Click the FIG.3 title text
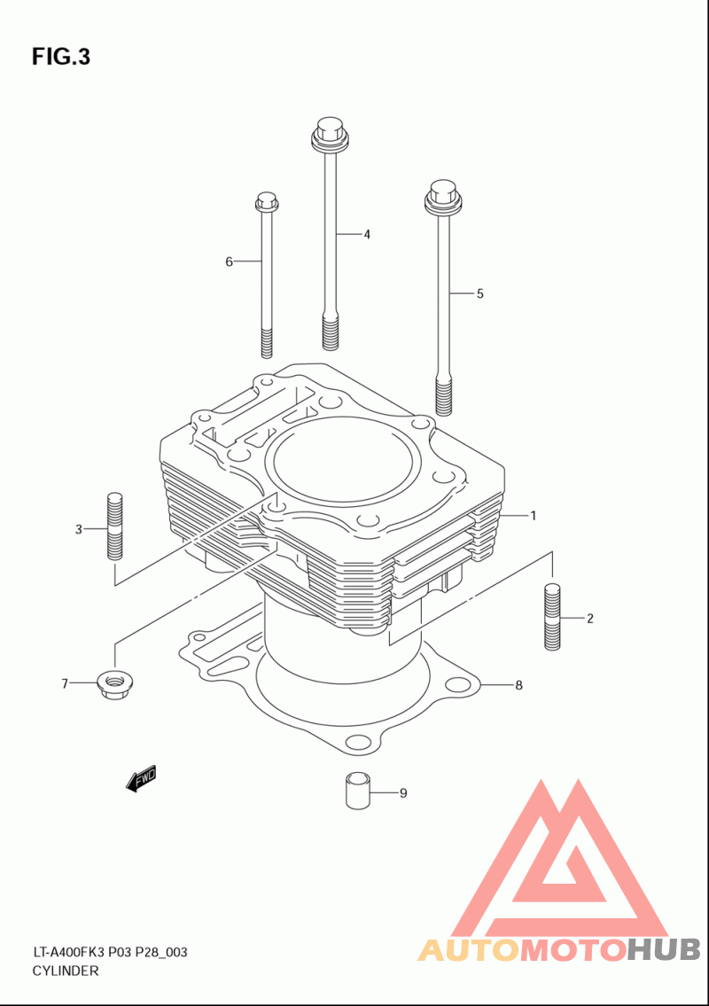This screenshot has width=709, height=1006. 61,57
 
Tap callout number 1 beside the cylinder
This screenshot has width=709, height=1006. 534,515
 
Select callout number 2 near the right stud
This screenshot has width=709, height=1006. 589,619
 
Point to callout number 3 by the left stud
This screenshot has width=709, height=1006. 78,529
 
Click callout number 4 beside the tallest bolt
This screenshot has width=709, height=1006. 366,235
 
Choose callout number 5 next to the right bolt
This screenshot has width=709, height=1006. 479,293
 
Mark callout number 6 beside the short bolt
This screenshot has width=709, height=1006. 229,261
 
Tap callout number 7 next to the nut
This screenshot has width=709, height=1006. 65,683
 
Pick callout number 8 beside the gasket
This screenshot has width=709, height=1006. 518,685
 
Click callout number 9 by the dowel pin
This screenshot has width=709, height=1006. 402,793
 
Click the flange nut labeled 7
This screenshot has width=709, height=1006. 110,684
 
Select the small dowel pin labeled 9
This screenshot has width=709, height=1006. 357,790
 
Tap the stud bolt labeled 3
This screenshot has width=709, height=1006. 113,523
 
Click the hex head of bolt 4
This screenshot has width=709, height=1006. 329,129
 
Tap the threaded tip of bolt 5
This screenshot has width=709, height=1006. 445,396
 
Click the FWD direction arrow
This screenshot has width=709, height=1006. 142,778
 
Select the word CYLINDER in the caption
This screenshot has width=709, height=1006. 66,971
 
